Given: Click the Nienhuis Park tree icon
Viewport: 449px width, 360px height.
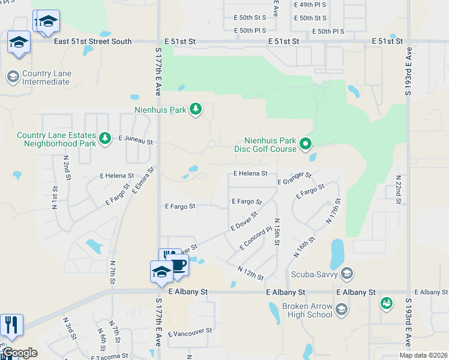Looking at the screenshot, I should (195, 109).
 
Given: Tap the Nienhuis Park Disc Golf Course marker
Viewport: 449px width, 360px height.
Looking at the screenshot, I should (306, 143).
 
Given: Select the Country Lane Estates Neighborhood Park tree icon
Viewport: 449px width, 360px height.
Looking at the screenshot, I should (105, 139).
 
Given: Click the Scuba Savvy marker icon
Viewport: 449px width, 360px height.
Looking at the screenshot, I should (346, 274).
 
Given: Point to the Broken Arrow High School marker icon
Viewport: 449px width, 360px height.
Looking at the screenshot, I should (342, 310).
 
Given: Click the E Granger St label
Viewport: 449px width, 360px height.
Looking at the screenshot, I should (294, 178).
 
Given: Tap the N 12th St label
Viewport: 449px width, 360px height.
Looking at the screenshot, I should (251, 274).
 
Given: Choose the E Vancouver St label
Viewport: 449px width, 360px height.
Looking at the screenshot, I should (190, 331).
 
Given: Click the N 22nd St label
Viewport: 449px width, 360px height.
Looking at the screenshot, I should (399, 189).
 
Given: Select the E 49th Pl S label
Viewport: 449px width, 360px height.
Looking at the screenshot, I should (310, 5).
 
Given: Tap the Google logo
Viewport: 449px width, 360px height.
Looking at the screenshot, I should (19, 353).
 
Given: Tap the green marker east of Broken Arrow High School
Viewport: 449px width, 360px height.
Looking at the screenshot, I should (387, 304).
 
